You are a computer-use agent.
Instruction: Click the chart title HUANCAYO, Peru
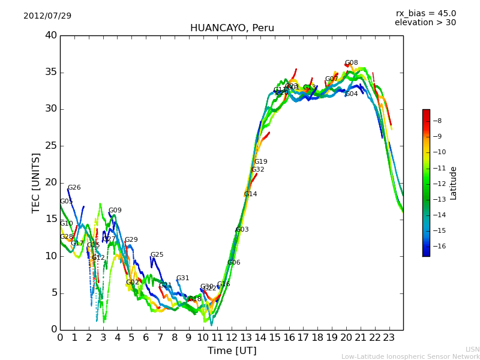[x=232, y=28]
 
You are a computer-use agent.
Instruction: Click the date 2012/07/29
[x=47, y=16]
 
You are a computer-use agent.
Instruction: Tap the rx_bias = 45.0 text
[x=425, y=13]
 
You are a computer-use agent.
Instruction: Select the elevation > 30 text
[x=425, y=23]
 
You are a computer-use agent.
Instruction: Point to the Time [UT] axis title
[x=232, y=350]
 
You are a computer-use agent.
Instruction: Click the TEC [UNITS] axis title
[x=36, y=182]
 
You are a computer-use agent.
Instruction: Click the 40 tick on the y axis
[x=51, y=35]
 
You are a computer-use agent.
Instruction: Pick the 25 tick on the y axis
[x=51, y=146]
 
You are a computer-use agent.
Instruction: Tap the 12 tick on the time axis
[x=232, y=337]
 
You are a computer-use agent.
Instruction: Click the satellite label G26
[x=74, y=188]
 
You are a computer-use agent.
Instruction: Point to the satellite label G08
[x=351, y=63]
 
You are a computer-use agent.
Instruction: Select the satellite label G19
[x=260, y=162]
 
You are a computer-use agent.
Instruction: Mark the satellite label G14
[x=250, y=194]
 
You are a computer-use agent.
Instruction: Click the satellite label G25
[x=157, y=255]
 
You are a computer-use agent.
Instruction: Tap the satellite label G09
[x=115, y=211]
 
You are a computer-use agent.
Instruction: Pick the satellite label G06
[x=233, y=263]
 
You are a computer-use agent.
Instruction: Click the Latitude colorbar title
[x=454, y=182]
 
